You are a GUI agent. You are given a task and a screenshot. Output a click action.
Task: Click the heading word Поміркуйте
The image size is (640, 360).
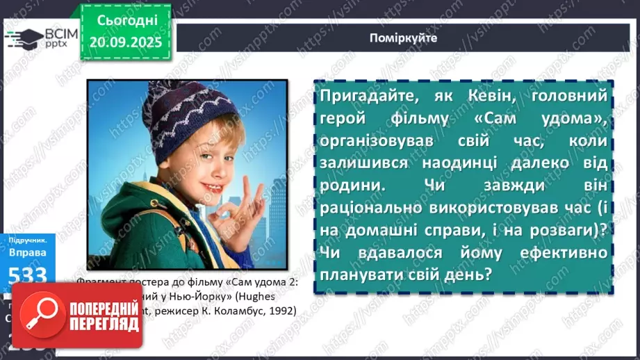pos(404,38)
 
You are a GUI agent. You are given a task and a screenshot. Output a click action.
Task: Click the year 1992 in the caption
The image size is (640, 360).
pos(280,310)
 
